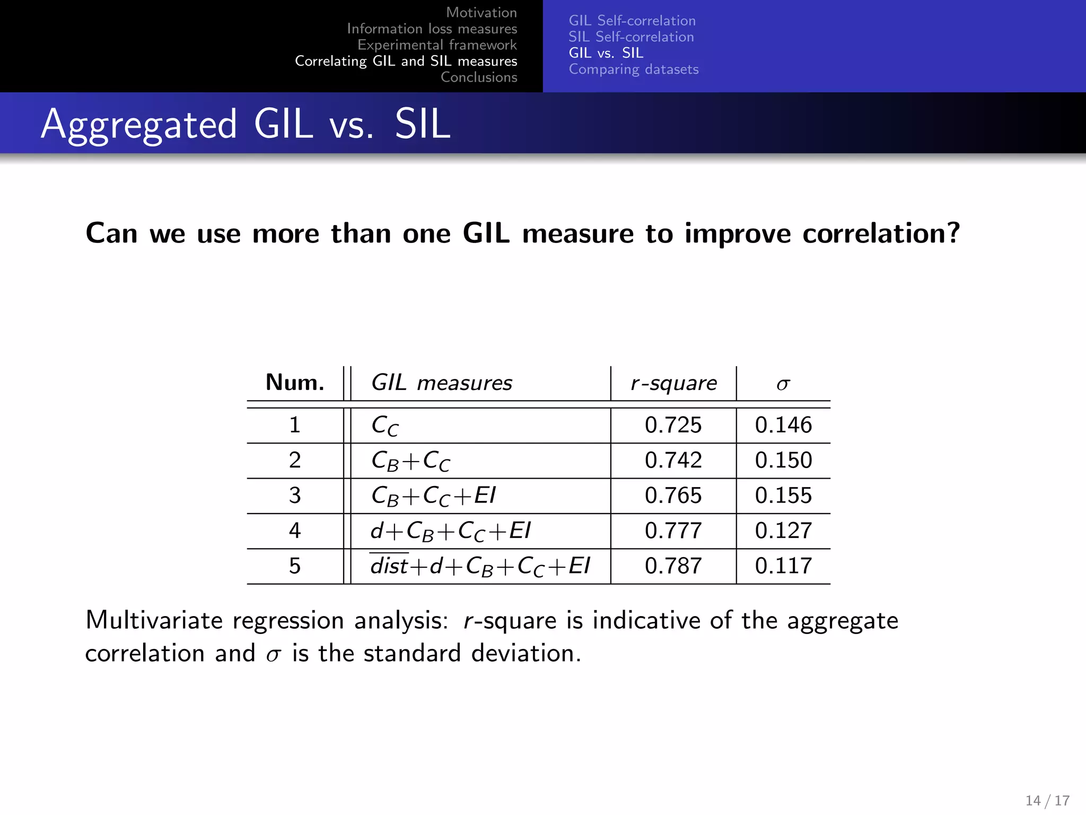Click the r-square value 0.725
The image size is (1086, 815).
pos(673,425)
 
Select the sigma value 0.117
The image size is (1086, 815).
pos(783,566)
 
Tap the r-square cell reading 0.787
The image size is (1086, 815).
pos(673,566)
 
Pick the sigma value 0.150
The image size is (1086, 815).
pos(783,460)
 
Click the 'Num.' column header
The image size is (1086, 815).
pos(295,383)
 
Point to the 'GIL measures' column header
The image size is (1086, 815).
pos(441,383)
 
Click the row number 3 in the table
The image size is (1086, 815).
pos(295,496)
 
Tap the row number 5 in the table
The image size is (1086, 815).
pos(295,566)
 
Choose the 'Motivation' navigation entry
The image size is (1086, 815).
pos(481,12)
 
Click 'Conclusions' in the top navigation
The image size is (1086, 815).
pos(479,77)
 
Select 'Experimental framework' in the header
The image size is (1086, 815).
pos(437,45)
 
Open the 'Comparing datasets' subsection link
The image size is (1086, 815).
pos(634,69)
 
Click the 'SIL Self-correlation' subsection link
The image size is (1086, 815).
pos(631,37)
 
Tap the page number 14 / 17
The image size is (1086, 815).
pos(1047,800)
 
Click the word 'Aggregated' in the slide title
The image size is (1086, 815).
pos(139,124)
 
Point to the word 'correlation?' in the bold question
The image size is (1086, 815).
pos(881,233)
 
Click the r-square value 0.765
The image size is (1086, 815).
pos(673,496)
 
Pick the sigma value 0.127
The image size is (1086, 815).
pos(783,531)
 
